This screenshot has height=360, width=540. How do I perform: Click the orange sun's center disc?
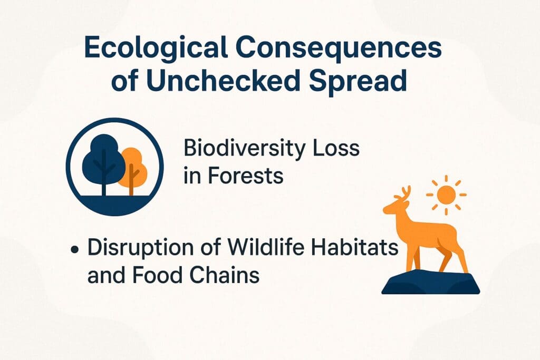446,195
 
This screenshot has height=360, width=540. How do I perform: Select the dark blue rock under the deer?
430,282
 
